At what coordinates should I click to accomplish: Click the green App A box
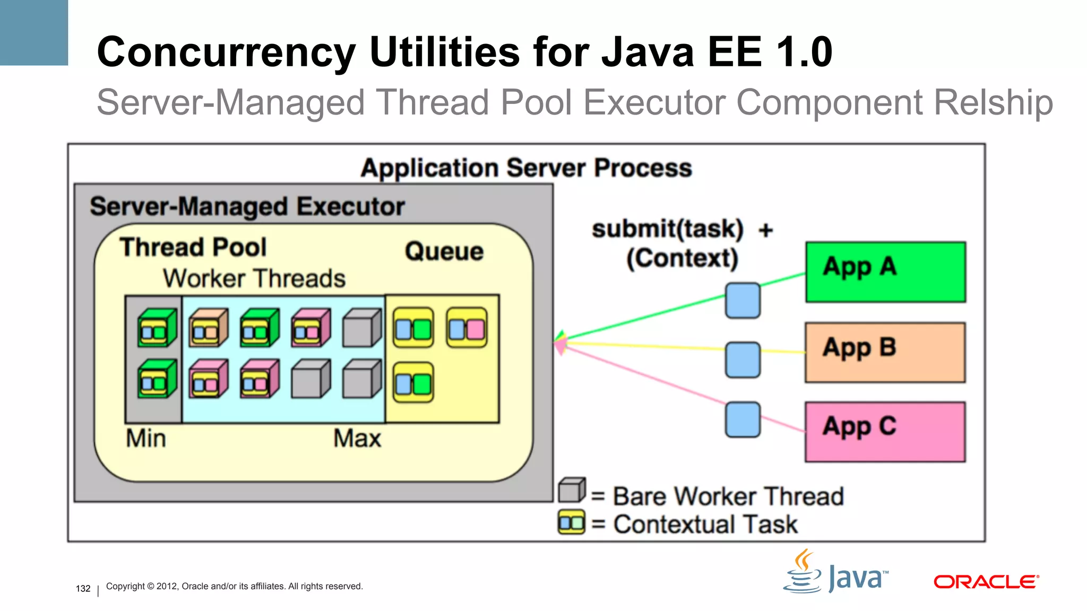click(885, 272)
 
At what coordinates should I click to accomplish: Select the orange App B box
click(885, 352)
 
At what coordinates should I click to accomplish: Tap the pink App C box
click(885, 432)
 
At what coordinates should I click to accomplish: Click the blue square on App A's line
click(743, 300)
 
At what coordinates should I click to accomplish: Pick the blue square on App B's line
click(743, 360)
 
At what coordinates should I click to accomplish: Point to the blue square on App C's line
click(743, 420)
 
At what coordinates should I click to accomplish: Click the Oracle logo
click(986, 582)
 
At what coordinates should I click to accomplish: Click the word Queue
click(444, 251)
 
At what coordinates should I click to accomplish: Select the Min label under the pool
click(146, 439)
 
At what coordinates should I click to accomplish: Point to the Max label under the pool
click(357, 439)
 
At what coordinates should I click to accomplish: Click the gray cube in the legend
click(572, 490)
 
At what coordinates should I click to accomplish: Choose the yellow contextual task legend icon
click(571, 522)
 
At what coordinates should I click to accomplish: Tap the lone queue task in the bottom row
click(413, 383)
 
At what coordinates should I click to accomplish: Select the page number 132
click(83, 588)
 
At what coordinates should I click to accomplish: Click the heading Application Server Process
click(526, 168)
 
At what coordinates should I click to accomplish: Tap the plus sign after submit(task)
click(765, 230)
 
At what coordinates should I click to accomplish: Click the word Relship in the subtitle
click(993, 102)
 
